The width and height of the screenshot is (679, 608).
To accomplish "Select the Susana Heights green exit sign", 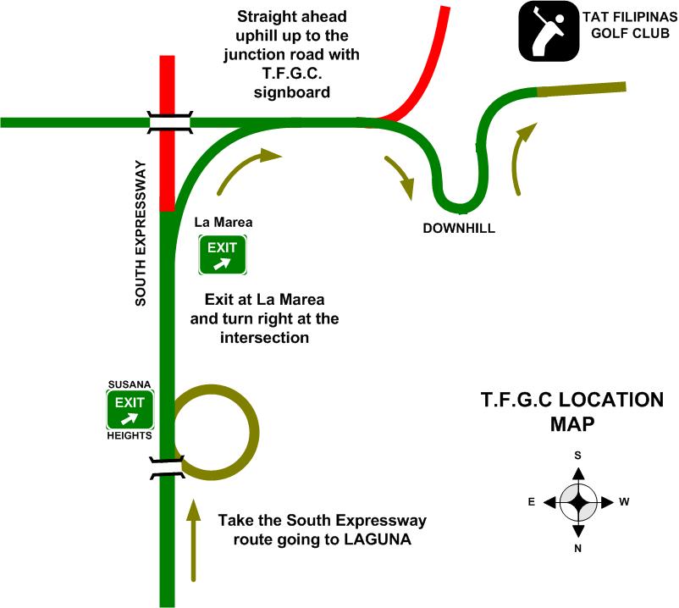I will tap(130, 410).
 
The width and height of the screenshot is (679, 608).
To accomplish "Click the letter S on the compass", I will tap(578, 456).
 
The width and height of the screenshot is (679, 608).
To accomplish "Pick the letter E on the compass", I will tap(531, 502).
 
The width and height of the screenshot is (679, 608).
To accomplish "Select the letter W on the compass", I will tap(625, 502).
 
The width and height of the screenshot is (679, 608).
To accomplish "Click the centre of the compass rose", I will tap(578, 502).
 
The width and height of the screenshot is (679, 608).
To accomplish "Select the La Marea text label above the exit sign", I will tap(213, 223).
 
